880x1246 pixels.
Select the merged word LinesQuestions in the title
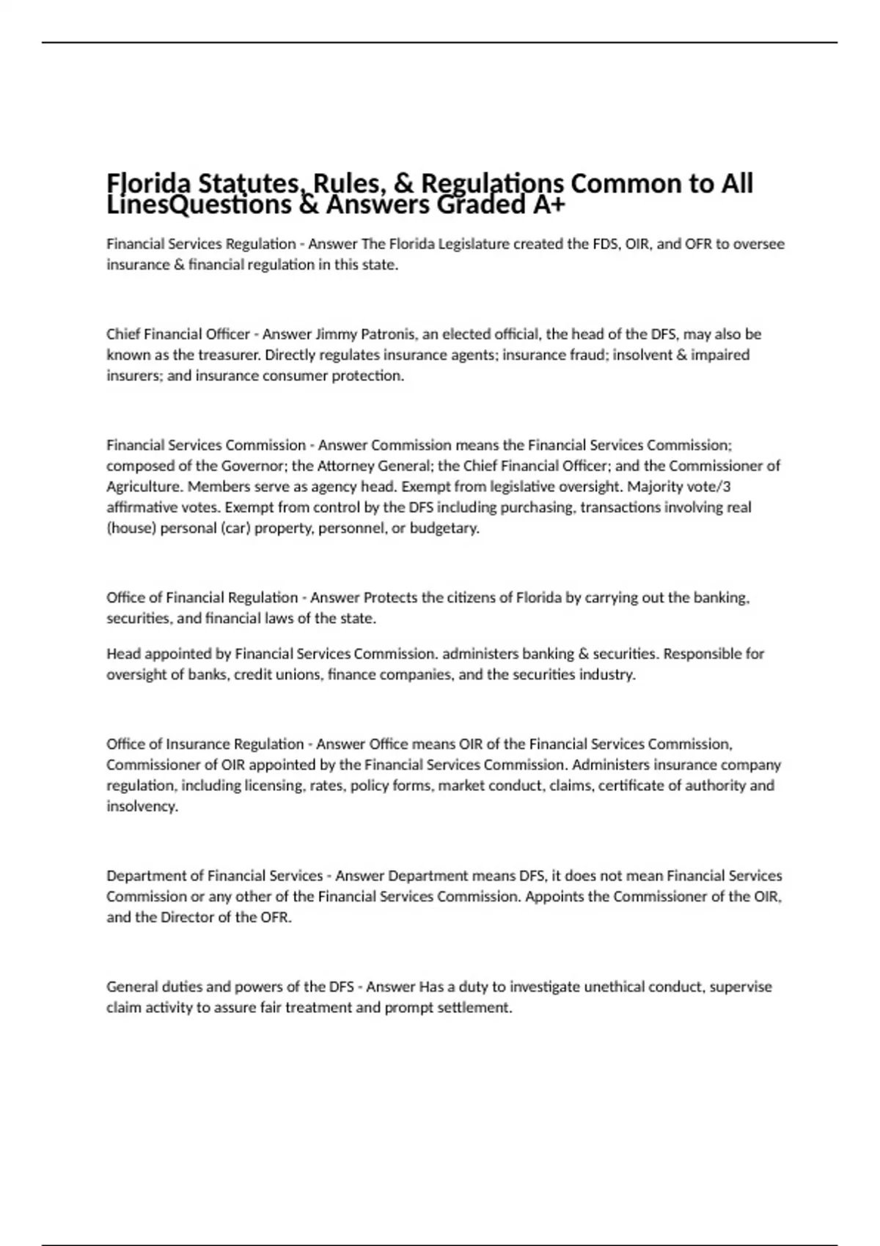pos(199,205)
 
